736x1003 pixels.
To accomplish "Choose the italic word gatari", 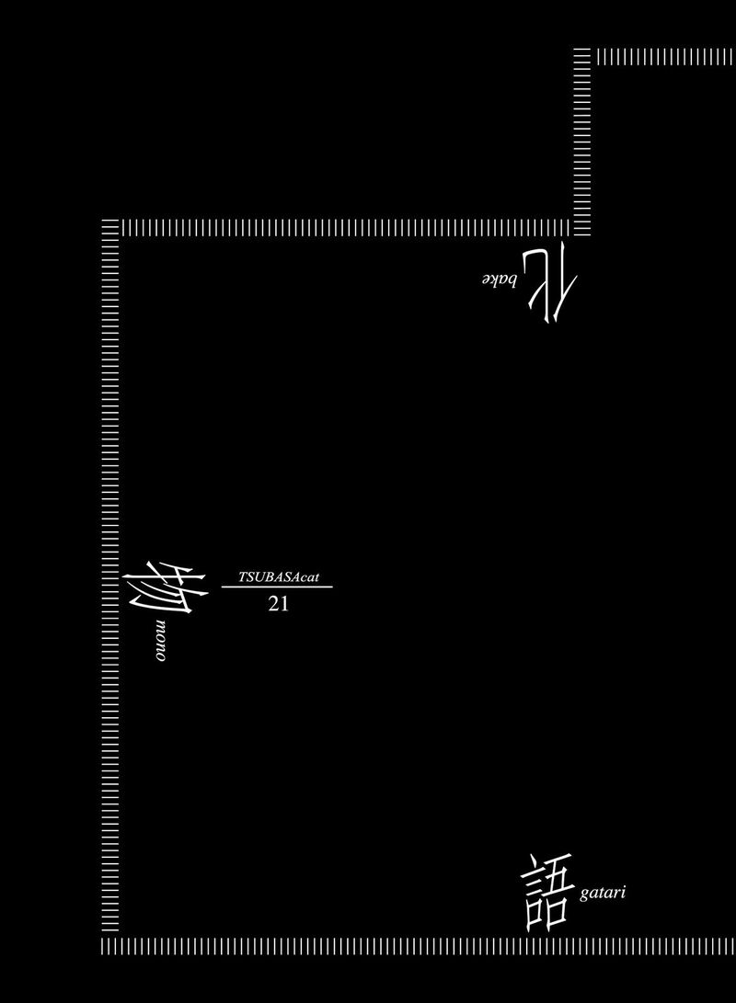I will [x=604, y=894].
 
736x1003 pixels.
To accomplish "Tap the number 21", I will [x=277, y=605].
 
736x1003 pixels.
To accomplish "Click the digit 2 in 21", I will [x=271, y=605].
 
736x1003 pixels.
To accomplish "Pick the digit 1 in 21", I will [x=283, y=605].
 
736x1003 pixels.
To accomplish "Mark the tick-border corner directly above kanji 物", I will [x=110, y=226].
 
